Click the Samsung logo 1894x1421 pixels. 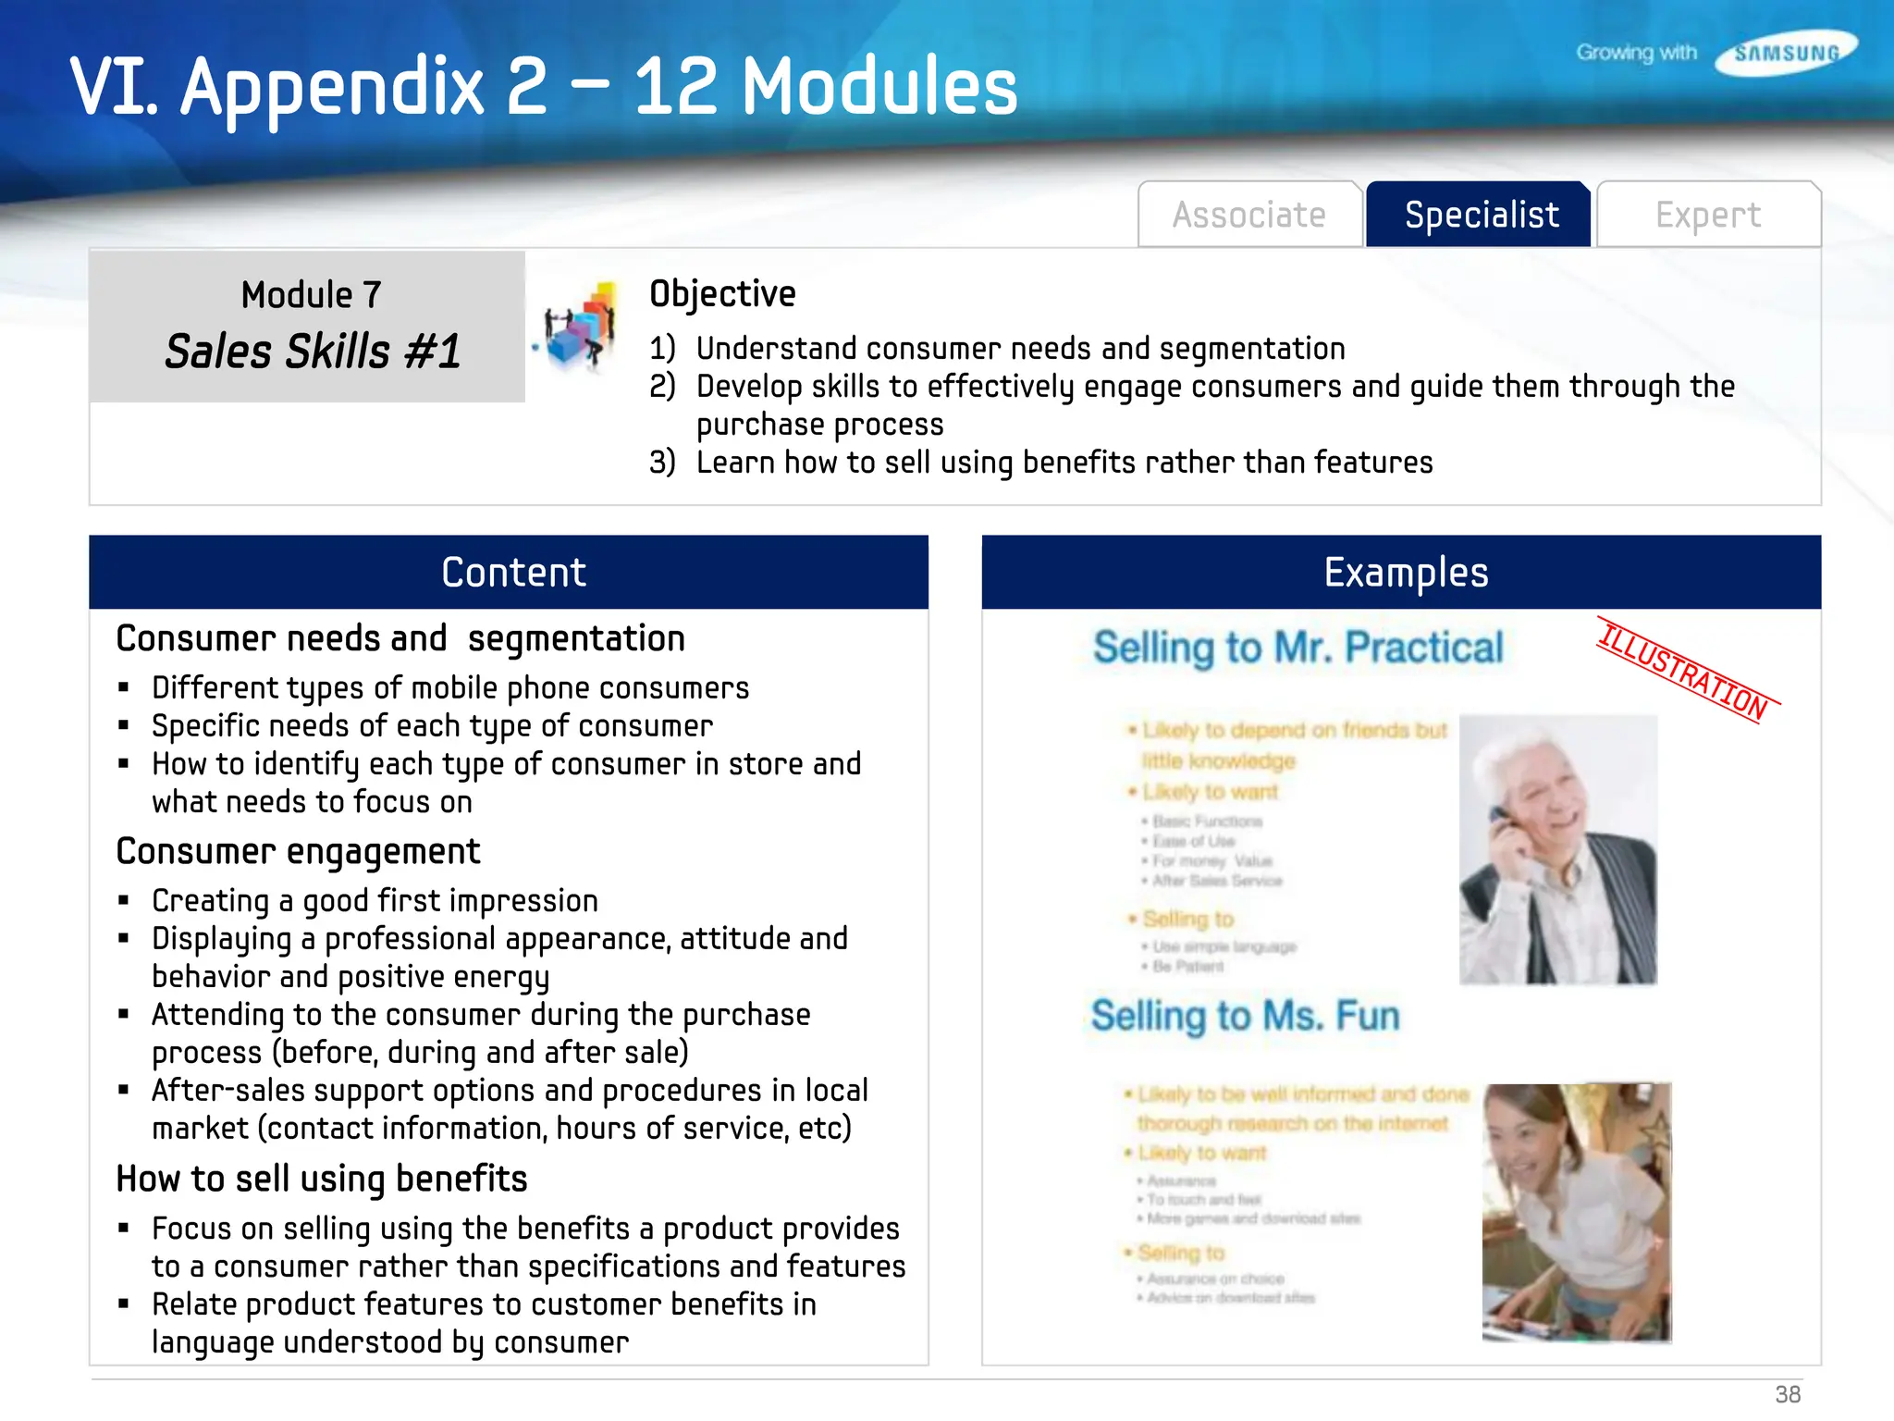click(1786, 53)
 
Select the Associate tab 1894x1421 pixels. click(1248, 215)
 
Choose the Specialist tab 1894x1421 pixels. click(1481, 215)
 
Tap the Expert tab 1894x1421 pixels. click(1707, 215)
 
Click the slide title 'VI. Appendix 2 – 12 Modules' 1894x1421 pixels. click(543, 86)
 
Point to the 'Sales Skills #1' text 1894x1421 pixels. click(313, 352)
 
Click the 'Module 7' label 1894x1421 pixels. click(311, 295)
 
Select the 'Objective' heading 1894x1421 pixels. click(722, 294)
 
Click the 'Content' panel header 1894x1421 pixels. click(513, 573)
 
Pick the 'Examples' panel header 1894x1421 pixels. click(1405, 573)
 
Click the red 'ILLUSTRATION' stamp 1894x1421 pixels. click(1684, 671)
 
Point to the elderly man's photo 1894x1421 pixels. click(1558, 849)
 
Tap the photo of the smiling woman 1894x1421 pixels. click(1576, 1212)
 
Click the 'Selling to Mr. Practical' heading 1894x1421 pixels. click(1298, 647)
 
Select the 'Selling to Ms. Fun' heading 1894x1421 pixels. click(1245, 1016)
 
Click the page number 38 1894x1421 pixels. click(1787, 1394)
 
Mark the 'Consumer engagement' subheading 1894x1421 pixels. click(298, 851)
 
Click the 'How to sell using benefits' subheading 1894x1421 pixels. click(321, 1179)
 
